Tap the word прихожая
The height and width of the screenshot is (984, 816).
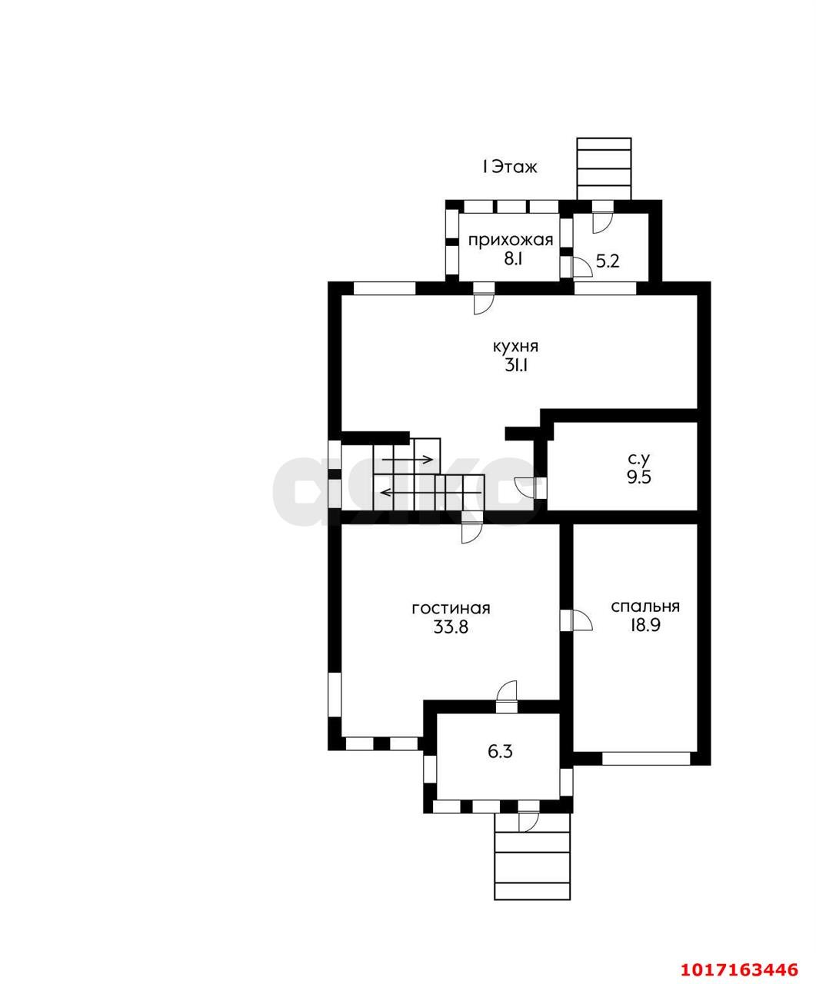coord(511,241)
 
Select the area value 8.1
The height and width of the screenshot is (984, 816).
coord(512,259)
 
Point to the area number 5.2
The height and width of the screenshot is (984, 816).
coord(608,261)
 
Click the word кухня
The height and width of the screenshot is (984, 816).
coord(516,347)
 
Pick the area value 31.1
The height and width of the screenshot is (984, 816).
coord(516,366)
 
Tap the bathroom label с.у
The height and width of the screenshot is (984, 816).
coord(639,457)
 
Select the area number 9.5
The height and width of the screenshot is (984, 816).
coord(639,477)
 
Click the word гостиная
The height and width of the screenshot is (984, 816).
coord(451,608)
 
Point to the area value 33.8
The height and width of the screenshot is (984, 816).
coord(451,627)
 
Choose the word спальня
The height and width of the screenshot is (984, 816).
coord(645,607)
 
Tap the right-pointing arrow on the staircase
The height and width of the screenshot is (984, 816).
coord(408,459)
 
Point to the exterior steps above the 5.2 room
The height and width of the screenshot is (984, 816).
coord(604,168)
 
